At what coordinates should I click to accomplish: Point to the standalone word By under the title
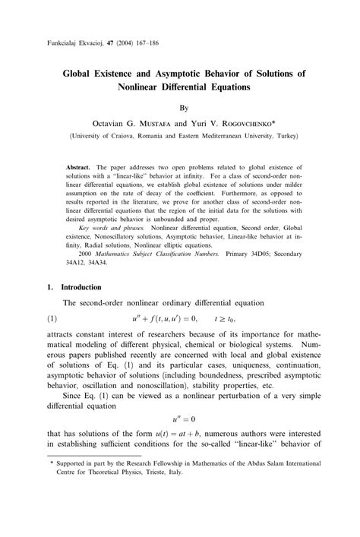(x=180, y=108)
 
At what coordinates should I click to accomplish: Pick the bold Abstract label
(x=78, y=166)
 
